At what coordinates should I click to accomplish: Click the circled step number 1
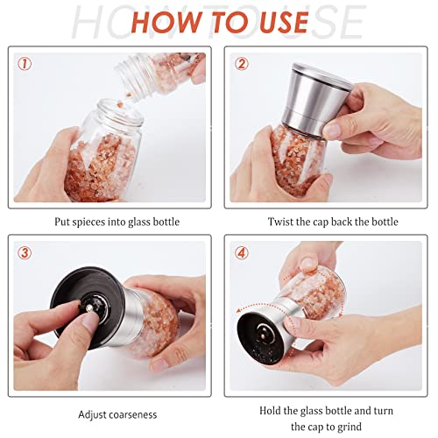coord(24,63)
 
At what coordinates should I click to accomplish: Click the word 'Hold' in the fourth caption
coord(272,410)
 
